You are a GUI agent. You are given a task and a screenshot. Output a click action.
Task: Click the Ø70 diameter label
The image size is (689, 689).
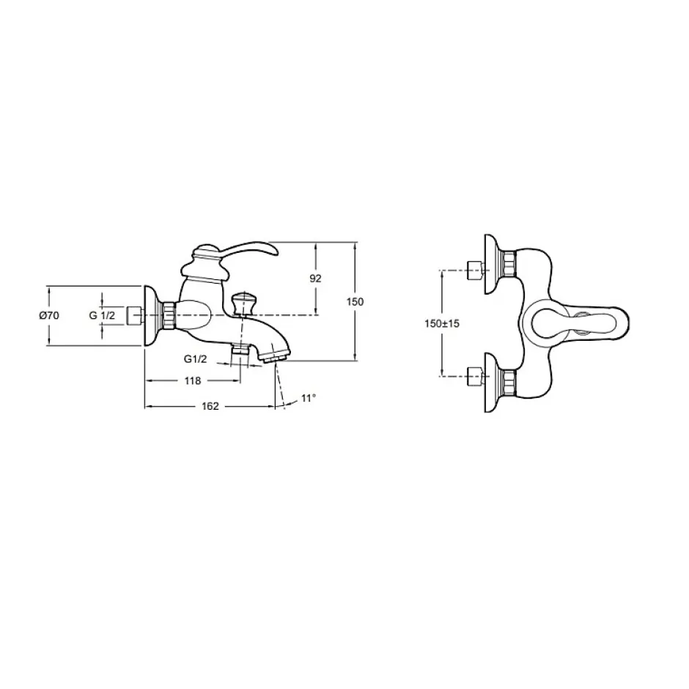tap(49, 315)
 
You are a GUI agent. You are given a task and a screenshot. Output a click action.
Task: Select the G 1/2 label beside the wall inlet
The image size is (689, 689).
tap(102, 315)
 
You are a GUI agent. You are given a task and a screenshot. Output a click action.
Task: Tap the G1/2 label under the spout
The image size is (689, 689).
tap(195, 359)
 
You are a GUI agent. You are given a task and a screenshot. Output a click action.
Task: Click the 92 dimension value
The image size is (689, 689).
tap(315, 278)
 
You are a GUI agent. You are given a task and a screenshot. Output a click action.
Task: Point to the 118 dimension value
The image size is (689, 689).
tap(193, 380)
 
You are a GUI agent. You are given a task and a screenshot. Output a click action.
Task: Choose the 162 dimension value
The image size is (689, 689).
tap(210, 407)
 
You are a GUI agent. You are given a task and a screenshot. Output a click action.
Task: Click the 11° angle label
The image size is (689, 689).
tap(309, 398)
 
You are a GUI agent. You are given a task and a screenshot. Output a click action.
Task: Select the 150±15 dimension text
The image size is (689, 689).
tap(441, 323)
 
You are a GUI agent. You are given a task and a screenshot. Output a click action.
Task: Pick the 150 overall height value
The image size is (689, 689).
tap(355, 302)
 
